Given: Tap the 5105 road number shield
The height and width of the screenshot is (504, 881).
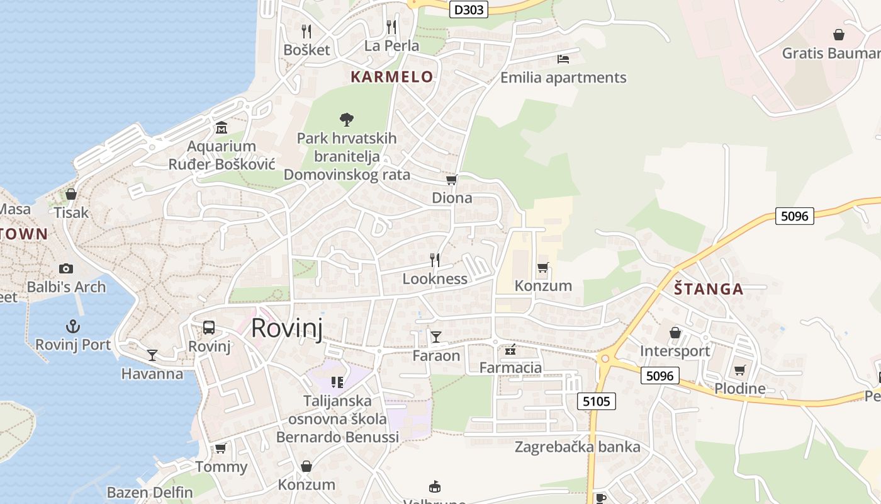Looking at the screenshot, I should click(x=596, y=401).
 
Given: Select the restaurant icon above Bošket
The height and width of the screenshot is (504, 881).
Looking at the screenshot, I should click(x=306, y=31).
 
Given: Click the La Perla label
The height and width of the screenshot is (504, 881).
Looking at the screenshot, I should click(x=391, y=45).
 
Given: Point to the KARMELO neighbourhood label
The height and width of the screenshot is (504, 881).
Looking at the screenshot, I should click(x=391, y=77).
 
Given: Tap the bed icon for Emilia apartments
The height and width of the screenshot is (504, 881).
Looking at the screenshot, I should click(x=563, y=59).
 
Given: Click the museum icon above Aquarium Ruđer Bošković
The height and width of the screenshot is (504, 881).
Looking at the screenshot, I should click(x=222, y=128).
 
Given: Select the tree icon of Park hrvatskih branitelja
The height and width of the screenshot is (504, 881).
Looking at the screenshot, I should click(x=346, y=118).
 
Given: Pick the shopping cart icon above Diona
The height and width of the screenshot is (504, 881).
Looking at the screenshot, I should click(x=451, y=180).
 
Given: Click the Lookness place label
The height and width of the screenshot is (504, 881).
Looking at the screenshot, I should click(x=435, y=278).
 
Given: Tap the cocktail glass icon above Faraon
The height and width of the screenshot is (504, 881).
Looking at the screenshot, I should click(x=435, y=337).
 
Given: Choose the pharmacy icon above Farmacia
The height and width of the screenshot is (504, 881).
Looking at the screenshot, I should click(x=510, y=349).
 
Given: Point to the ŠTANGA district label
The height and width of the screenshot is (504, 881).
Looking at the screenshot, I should click(x=709, y=289).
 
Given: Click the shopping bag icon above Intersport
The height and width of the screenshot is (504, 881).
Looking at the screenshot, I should click(x=675, y=332).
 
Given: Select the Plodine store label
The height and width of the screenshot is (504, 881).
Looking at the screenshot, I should click(x=740, y=388).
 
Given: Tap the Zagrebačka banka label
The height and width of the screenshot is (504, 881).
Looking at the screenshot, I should click(x=577, y=447).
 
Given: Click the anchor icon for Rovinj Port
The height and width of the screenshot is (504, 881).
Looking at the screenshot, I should click(x=73, y=326).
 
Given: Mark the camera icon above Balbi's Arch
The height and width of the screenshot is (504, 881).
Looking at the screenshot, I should click(x=66, y=268).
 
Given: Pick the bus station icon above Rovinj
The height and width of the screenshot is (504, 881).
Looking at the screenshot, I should click(x=209, y=328).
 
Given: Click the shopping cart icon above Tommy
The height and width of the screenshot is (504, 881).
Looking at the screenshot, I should click(x=220, y=448).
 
